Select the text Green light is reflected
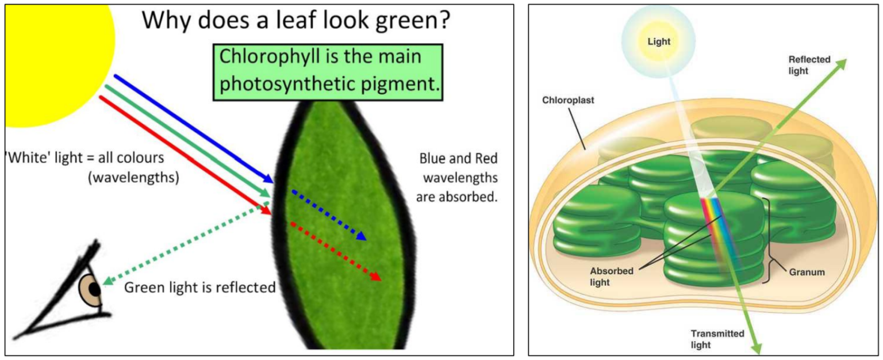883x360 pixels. pos(200,287)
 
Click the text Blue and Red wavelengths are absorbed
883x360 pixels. pos(458,178)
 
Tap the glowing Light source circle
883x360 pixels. pos(659,41)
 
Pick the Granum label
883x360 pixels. pos(808,272)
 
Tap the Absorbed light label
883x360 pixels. pos(610,277)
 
